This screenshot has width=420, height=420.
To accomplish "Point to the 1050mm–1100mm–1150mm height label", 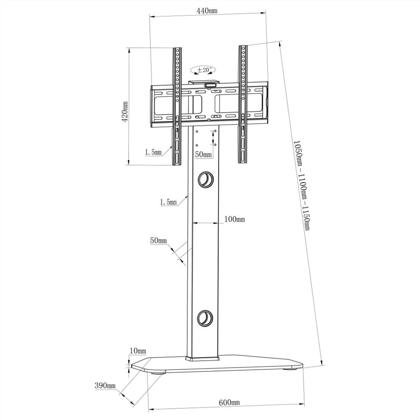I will click(301, 185).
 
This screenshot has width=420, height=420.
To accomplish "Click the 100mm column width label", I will click(234, 219).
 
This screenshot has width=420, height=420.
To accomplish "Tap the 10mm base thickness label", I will click(138, 351).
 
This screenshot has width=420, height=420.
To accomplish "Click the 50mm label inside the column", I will click(204, 155).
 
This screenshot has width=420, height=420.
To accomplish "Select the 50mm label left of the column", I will click(158, 241).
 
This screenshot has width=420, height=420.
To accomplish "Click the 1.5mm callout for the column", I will click(168, 202).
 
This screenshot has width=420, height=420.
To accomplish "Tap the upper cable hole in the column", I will click(206, 179).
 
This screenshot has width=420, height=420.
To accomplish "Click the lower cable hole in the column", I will click(206, 317).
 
